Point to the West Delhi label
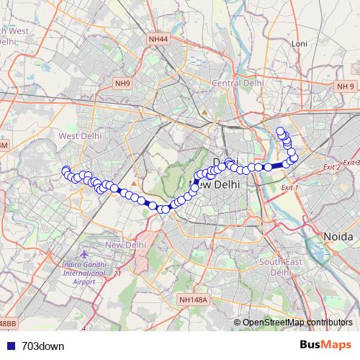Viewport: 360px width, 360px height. click(x=78, y=135)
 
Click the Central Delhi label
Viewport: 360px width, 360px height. click(x=237, y=83)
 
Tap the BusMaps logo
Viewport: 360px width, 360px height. click(x=325, y=345)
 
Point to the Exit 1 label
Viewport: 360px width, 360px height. click(x=289, y=187)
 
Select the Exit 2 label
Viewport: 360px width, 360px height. click(x=331, y=167)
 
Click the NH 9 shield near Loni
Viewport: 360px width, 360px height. click(x=345, y=86)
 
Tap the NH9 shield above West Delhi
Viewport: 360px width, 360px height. click(x=122, y=84)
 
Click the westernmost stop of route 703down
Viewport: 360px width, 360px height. click(x=66, y=171)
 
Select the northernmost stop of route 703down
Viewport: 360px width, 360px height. click(x=281, y=130)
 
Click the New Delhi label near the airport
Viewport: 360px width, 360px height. click(x=125, y=246)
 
